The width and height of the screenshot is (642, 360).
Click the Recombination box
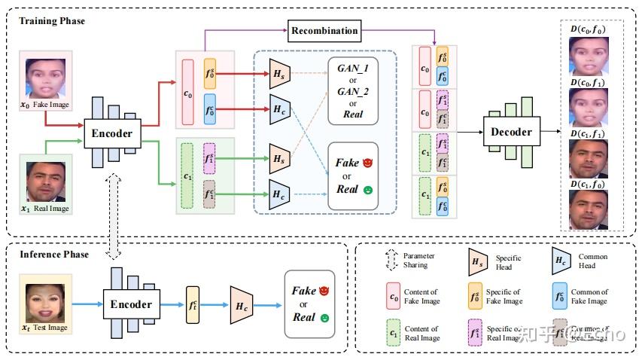tap(324, 31)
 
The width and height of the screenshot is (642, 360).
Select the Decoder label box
tap(512, 132)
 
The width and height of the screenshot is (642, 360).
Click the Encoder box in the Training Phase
tap(114, 134)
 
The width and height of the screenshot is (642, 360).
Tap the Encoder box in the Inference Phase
tap(132, 305)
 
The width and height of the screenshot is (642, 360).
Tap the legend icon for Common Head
tap(561, 261)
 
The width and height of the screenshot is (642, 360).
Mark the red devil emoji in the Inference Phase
tap(325, 290)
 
